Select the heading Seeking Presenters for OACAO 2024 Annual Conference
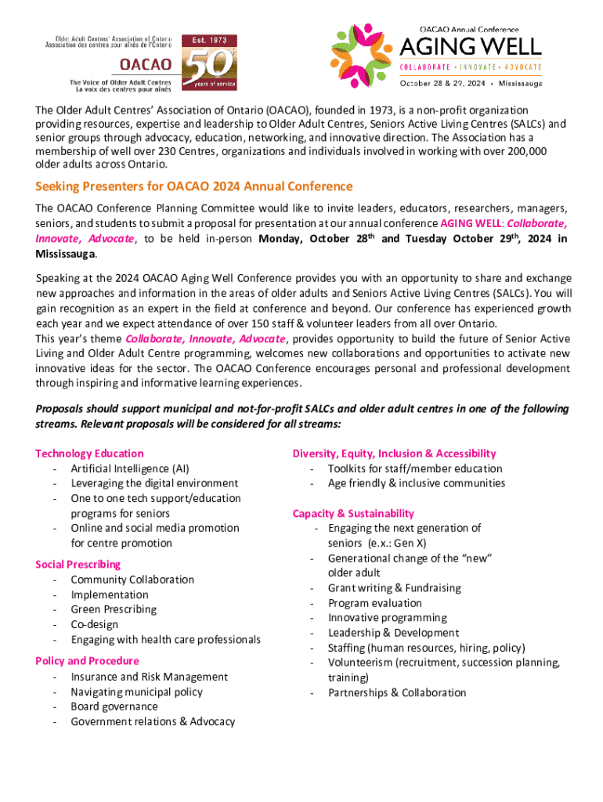point(194,186)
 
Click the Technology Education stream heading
point(89,453)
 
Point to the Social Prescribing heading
point(78,565)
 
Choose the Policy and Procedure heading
point(87,661)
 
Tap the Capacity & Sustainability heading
point(353,514)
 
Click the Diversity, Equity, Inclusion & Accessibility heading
point(394,453)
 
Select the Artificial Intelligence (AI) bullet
point(129,468)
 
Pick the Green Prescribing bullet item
point(114,609)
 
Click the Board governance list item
point(114,706)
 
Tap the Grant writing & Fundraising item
point(395,588)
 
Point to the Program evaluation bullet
point(375,603)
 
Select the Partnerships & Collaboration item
point(397,692)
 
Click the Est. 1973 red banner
point(205,39)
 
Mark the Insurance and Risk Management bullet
point(150,677)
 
